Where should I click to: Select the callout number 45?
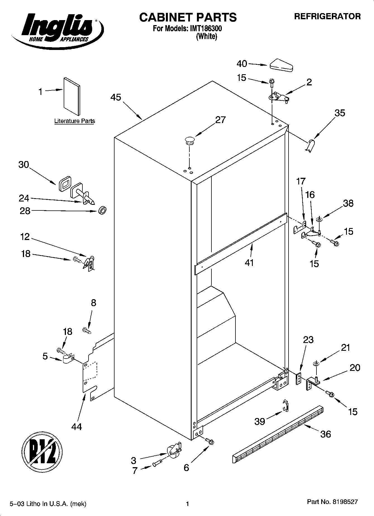point(116,97)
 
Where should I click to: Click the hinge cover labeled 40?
point(281,65)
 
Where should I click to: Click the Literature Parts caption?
point(74,121)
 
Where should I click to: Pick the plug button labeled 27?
point(189,140)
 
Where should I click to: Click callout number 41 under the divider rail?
point(249,263)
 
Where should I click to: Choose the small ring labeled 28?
point(102,211)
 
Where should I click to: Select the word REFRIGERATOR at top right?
point(327,16)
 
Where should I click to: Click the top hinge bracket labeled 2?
point(278,97)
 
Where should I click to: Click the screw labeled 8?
point(87,331)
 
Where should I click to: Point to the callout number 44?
point(77,427)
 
